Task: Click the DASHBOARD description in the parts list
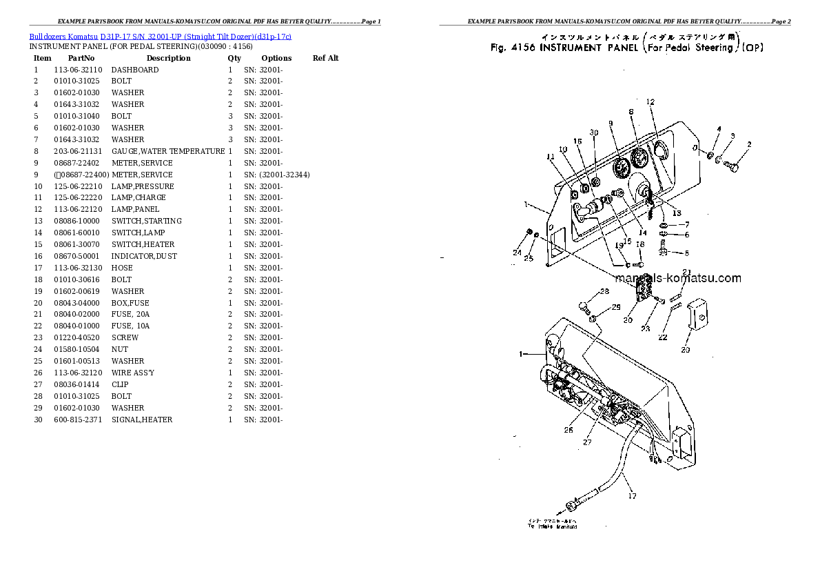tap(135, 70)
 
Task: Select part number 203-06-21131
tap(79, 151)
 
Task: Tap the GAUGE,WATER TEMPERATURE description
tap(168, 151)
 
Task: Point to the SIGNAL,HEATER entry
tap(142, 420)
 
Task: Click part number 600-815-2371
tap(76, 420)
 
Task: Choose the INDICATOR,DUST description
tap(144, 256)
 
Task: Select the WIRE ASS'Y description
tap(133, 373)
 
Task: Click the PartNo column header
tap(81, 58)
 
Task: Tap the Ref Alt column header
tap(325, 58)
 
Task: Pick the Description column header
tap(168, 58)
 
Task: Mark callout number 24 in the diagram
tap(517, 253)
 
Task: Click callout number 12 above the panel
tap(650, 102)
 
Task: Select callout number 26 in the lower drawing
tap(568, 430)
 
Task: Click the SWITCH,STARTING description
tap(147, 221)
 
